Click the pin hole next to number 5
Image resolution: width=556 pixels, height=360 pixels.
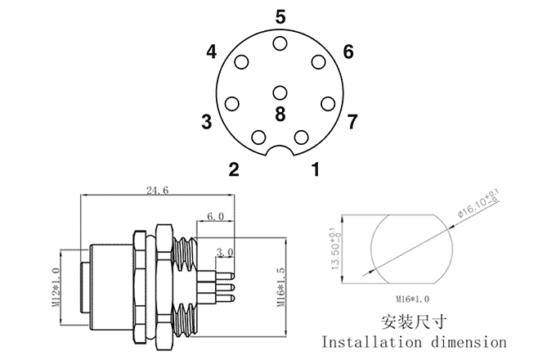click(x=280, y=43)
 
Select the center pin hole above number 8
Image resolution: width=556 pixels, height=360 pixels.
click(x=280, y=93)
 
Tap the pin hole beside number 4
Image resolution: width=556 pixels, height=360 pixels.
click(x=241, y=62)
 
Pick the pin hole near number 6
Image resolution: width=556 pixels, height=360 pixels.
click(x=318, y=61)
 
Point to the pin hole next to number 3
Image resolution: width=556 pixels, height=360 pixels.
click(x=232, y=104)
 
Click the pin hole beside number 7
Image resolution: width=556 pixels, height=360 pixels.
click(x=328, y=104)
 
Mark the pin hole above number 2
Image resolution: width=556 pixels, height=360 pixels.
click(x=258, y=137)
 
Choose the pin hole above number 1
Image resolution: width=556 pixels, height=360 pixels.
click(x=302, y=137)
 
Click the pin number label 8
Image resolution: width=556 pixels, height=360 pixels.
click(x=280, y=115)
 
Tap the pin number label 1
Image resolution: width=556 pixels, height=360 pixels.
click(x=316, y=169)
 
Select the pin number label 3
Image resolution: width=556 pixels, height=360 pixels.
click(x=206, y=122)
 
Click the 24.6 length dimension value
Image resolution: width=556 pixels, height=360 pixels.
click(x=158, y=190)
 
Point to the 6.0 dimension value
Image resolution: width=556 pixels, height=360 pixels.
click(x=215, y=216)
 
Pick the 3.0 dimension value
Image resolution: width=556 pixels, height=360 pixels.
click(x=225, y=253)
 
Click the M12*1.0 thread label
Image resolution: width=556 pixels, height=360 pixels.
click(x=56, y=287)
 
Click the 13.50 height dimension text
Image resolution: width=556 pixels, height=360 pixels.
click(x=335, y=249)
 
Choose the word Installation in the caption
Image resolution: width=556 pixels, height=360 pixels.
click(x=371, y=342)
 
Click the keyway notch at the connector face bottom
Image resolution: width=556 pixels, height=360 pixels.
click(x=280, y=151)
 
